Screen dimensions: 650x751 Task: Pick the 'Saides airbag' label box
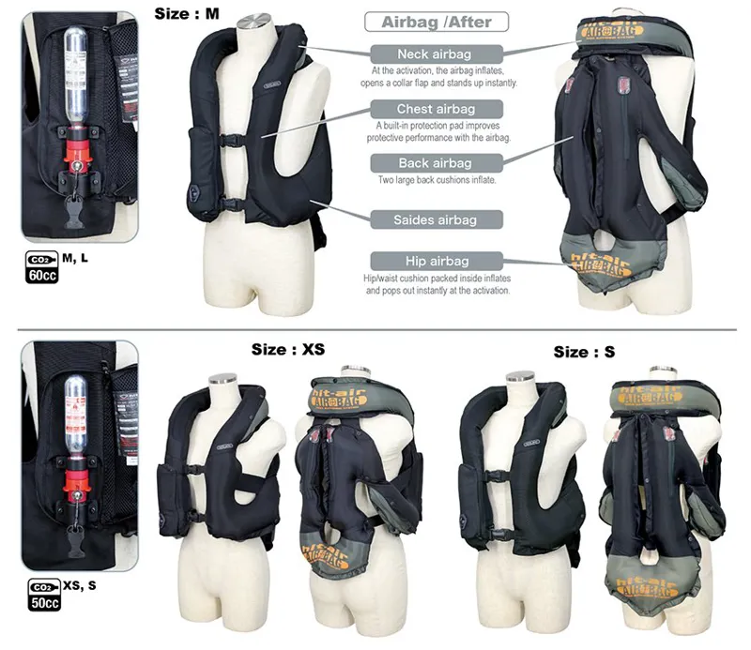(436, 219)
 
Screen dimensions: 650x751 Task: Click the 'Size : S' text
(584, 352)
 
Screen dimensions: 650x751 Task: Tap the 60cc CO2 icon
(38, 267)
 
